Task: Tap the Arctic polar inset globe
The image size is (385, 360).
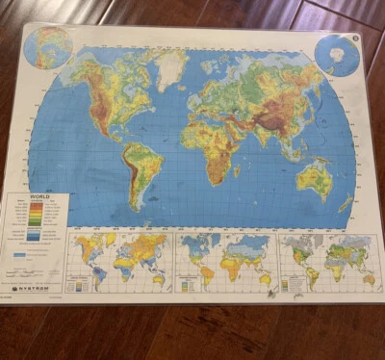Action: (50, 48)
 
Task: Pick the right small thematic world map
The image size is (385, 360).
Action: (328, 258)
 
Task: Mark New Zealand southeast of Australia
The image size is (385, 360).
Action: (345, 203)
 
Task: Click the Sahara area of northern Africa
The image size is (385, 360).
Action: (207, 125)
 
